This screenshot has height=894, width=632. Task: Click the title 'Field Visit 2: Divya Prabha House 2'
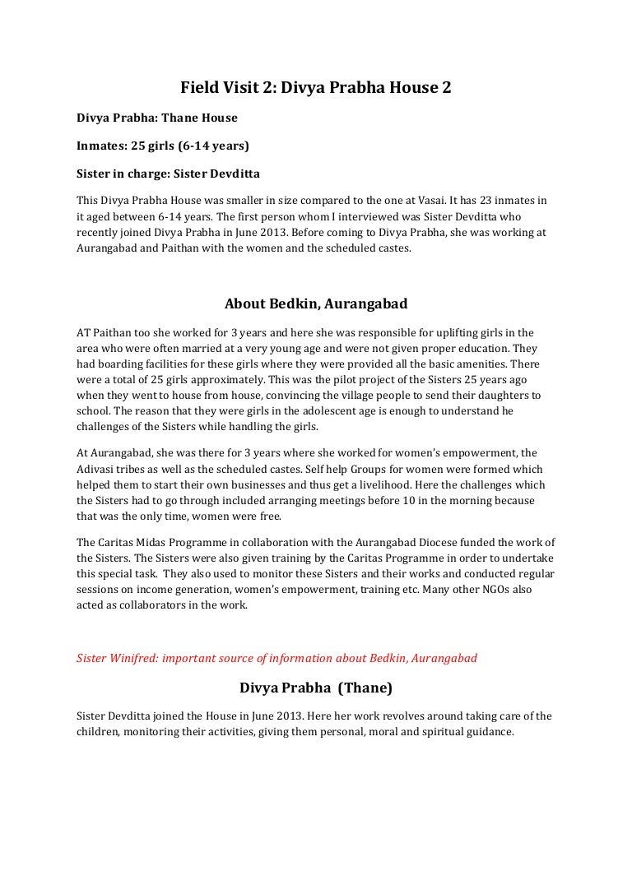click(316, 86)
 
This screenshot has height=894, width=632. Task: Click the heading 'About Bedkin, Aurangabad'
click(316, 303)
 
